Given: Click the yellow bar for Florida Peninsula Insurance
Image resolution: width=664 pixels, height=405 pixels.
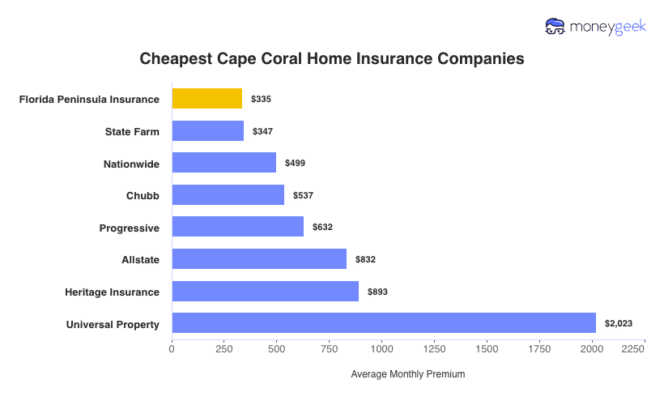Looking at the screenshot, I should coord(206,99).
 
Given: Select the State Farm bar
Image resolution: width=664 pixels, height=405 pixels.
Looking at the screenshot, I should coord(208,131).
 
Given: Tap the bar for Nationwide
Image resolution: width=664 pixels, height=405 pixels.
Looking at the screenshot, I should coord(223,163).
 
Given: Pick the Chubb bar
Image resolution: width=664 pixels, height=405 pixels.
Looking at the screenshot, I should coord(228,195).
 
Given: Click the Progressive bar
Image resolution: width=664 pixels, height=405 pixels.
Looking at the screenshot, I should coord(237,227).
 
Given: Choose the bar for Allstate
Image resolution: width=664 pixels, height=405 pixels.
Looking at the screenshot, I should coord(259,259).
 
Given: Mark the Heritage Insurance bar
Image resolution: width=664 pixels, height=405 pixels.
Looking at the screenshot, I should coord(265,291).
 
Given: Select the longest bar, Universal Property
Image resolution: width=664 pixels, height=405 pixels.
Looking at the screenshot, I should coord(384,323).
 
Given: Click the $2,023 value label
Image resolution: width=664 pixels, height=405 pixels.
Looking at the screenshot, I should coord(619,324).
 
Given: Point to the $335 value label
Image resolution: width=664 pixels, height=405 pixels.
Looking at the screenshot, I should coord(261,99).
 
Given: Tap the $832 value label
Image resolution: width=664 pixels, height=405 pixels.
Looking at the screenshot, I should coord(365,259).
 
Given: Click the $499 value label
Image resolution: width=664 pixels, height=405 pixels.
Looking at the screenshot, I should coord(295,164).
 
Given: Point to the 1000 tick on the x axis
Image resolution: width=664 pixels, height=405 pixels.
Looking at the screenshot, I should coord(381,348).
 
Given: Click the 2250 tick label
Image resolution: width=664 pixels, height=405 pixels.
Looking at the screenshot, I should coord(633,348).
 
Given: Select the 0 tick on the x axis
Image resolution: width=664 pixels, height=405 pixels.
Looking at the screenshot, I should coord(172,348).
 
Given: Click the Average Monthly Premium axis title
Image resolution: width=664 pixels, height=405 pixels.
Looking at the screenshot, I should coord(408,375).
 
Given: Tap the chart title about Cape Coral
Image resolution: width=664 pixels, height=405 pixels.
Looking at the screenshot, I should coord(332,59).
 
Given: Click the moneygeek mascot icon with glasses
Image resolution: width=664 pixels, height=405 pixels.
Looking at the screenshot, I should coord(555,27).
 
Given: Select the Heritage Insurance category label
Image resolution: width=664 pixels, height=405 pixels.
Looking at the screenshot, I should coord(112,292).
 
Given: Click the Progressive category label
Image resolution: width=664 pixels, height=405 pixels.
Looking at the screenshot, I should coord(130,228).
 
